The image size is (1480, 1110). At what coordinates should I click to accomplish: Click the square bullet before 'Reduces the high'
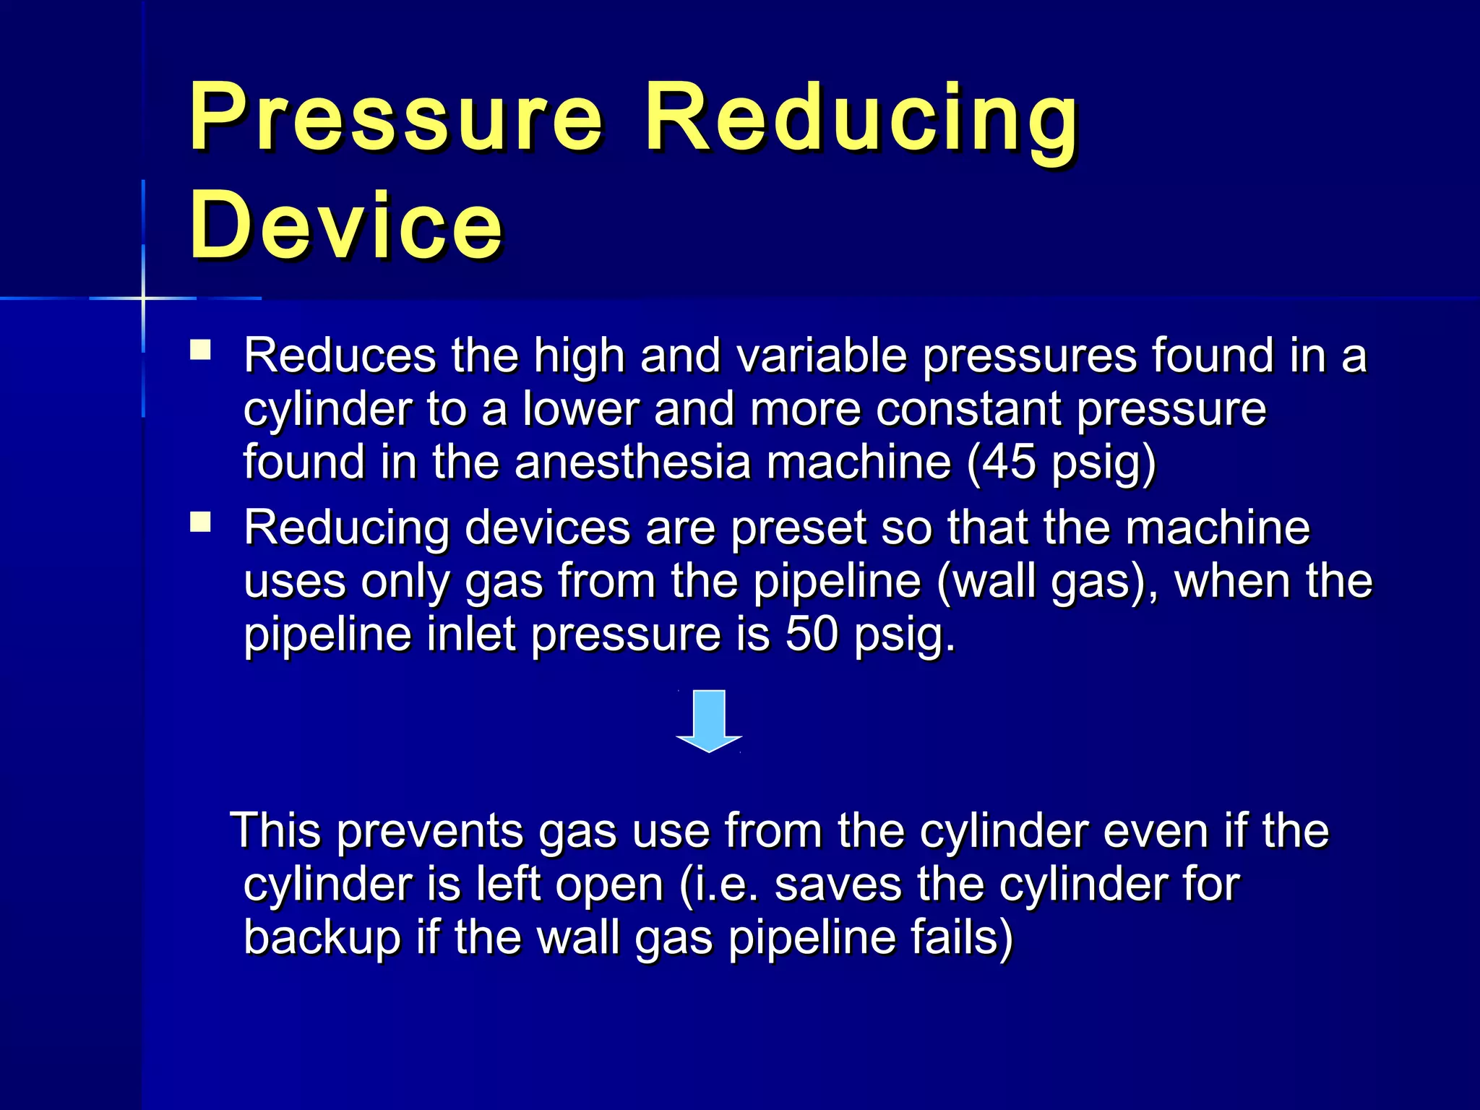click(200, 350)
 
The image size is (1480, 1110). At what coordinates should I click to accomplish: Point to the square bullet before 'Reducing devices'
click(200, 522)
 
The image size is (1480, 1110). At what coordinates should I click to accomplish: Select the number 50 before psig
click(812, 634)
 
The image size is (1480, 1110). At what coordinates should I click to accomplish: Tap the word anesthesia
click(632, 462)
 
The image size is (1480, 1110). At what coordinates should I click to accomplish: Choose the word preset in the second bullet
click(798, 528)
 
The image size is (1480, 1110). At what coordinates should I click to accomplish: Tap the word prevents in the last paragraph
click(429, 831)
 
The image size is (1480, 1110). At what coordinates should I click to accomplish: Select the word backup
click(322, 938)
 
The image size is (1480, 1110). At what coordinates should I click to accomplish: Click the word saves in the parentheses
click(838, 885)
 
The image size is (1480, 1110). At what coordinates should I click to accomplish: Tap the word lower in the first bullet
click(580, 409)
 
